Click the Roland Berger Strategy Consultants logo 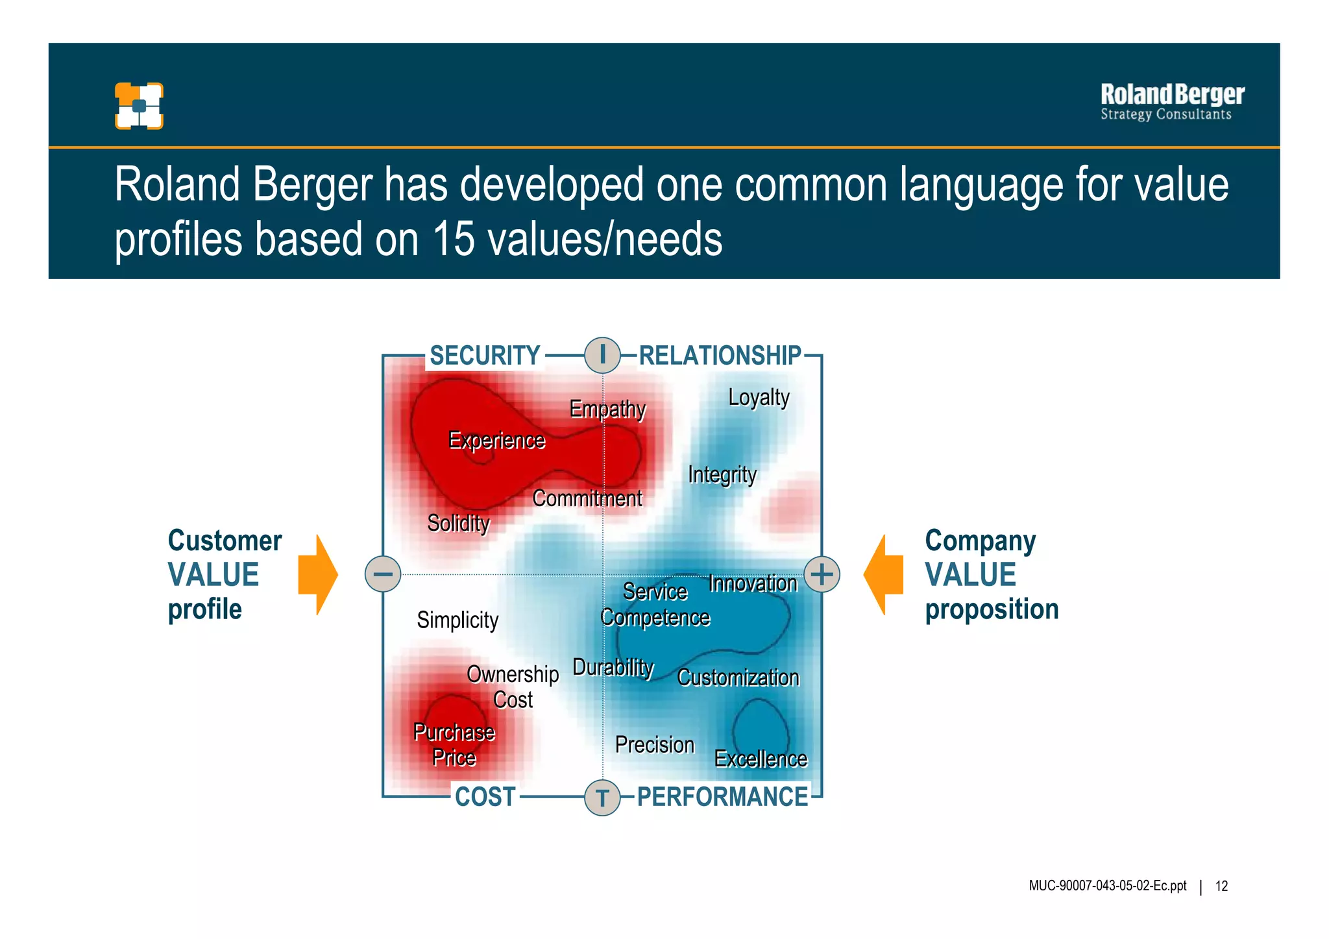pos(1172,103)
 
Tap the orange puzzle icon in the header pos(139,106)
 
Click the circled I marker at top pos(602,355)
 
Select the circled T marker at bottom pos(602,798)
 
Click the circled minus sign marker pos(383,574)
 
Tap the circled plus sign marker pos(822,574)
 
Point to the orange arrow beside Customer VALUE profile pos(317,575)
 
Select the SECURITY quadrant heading pos(485,356)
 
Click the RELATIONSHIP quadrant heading pos(720,356)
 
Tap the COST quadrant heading pos(485,797)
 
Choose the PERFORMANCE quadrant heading pos(722,797)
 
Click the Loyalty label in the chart pos(759,397)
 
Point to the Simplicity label pos(457,620)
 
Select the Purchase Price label pos(454,745)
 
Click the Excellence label pos(761,759)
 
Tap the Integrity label pos(722,474)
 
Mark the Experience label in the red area pos(497,441)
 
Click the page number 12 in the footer pos(1221,886)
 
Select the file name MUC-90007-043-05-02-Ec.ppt pos(1107,886)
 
